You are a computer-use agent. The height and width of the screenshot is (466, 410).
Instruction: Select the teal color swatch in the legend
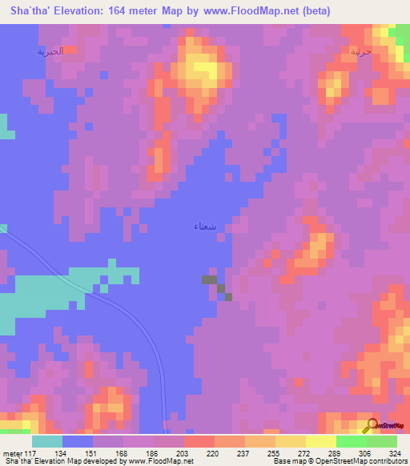[x=47, y=441]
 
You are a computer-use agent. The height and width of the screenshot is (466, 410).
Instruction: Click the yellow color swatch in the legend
[x=320, y=441]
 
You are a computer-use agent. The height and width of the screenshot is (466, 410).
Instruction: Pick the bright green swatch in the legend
[x=351, y=441]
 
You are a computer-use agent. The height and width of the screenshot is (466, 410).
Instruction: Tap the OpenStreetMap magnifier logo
[x=370, y=424]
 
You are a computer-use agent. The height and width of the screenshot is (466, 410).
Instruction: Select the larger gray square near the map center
[x=209, y=279]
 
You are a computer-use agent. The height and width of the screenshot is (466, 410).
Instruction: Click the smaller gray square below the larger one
[x=228, y=297]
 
